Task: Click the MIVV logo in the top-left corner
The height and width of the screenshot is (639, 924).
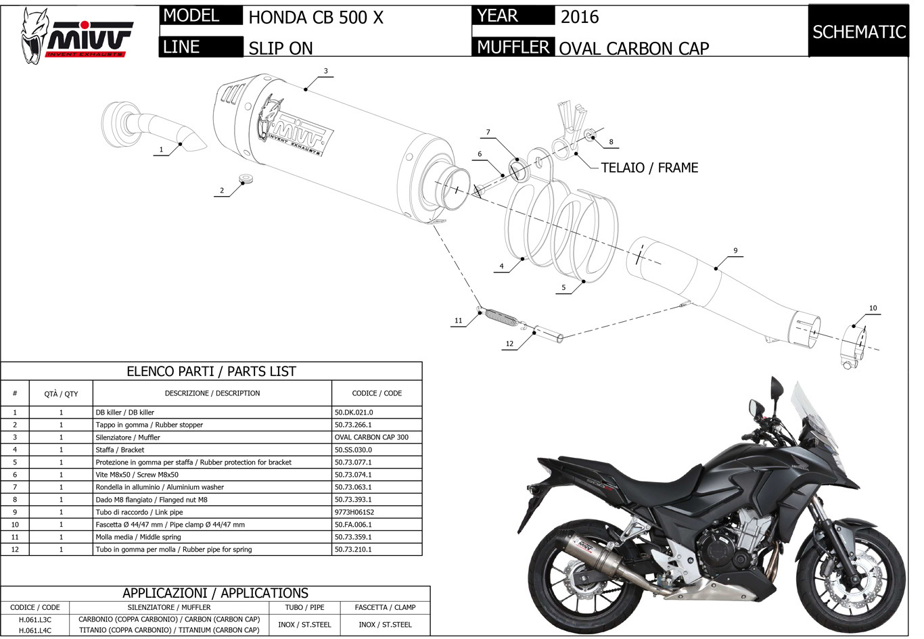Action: click(x=76, y=35)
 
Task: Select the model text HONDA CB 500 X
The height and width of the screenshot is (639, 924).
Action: click(x=315, y=18)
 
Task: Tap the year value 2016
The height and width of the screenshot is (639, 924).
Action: click(x=580, y=17)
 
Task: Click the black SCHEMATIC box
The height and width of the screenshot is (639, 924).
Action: click(x=858, y=32)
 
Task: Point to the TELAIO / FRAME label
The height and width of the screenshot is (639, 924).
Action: click(x=649, y=168)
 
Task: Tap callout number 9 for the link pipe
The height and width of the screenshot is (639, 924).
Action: click(x=735, y=251)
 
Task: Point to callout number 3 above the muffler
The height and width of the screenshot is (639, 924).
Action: click(x=325, y=71)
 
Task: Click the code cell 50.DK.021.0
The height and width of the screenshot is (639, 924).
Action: click(x=354, y=412)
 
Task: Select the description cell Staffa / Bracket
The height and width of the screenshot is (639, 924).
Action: click(x=120, y=450)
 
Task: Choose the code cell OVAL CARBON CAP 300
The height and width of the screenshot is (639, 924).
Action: click(x=371, y=437)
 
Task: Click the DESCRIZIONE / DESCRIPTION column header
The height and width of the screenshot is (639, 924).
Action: click(x=212, y=394)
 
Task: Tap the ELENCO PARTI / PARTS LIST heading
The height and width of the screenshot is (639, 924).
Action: click(x=211, y=371)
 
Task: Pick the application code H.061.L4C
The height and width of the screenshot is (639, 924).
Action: click(x=34, y=630)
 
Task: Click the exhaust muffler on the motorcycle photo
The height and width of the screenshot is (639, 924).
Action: click(x=595, y=550)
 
